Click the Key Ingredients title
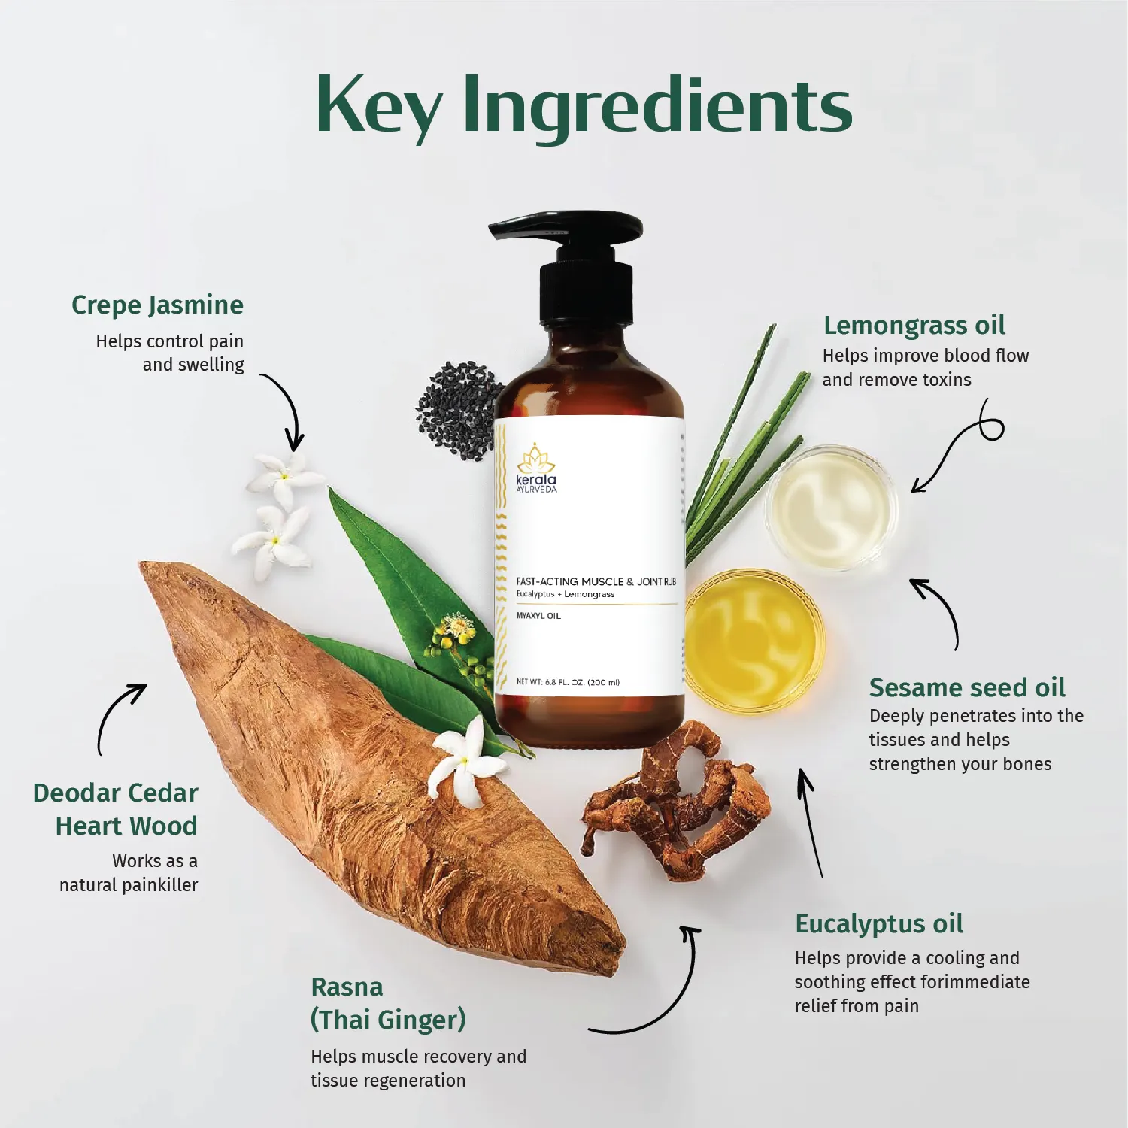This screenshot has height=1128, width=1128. [x=584, y=105]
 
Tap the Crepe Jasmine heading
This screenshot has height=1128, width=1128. [x=157, y=305]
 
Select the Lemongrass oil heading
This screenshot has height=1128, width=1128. [x=914, y=326]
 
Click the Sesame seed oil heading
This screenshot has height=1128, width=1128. [x=967, y=688]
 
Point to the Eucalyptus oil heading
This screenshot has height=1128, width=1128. [x=879, y=924]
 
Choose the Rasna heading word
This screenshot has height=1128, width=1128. [x=347, y=987]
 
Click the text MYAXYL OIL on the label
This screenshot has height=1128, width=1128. [x=538, y=616]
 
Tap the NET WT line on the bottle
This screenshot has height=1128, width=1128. [x=568, y=683]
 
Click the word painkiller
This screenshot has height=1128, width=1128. [x=160, y=885]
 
